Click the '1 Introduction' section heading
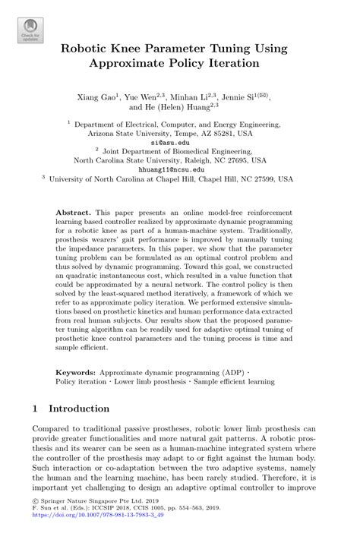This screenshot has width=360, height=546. pos(72,409)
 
